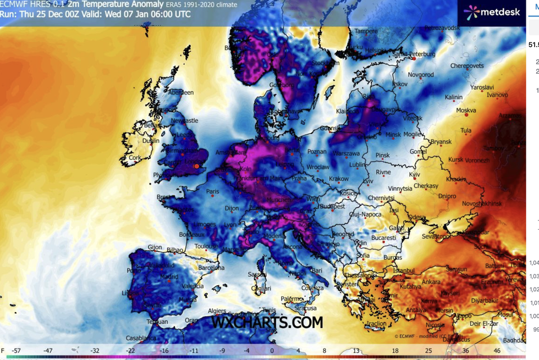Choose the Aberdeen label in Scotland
click(181, 93)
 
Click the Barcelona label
click(212, 268)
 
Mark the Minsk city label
click(393, 135)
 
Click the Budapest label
click(331, 207)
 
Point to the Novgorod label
click(421, 75)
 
